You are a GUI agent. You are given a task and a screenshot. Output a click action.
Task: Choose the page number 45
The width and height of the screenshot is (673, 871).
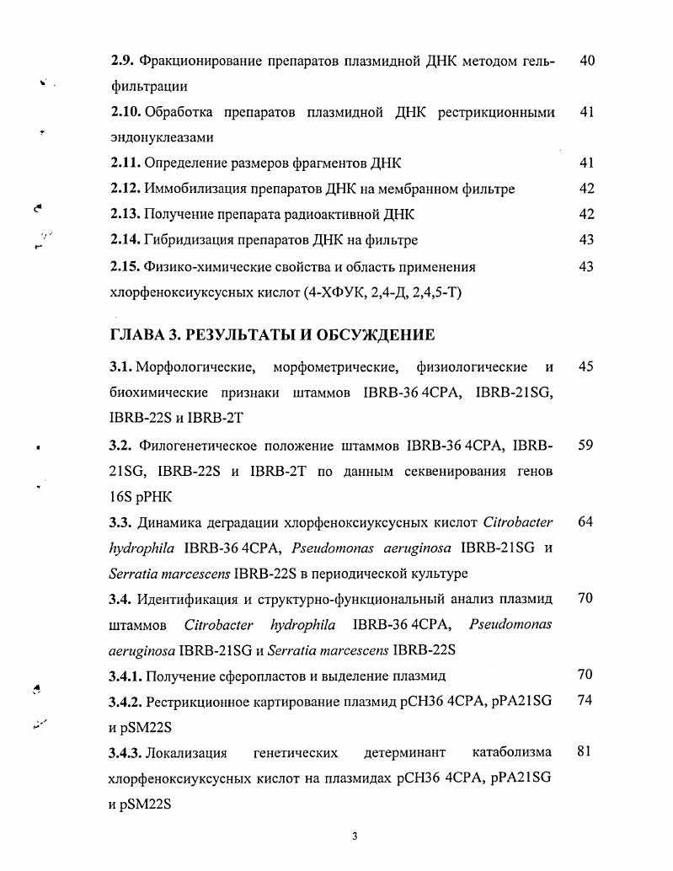point(587,367)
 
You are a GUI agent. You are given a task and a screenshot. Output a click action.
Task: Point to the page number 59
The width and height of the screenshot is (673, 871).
point(587,445)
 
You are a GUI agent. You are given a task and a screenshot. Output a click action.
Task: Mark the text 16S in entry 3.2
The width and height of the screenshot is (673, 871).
point(122,497)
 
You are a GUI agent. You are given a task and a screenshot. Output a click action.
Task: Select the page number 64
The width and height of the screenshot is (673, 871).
point(587,522)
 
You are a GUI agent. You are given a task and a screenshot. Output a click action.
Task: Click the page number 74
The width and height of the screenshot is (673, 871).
point(587,701)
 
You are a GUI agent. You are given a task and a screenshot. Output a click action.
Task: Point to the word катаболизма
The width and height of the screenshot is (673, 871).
point(512,752)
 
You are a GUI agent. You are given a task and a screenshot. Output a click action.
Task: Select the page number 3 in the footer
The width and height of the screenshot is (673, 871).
point(355,836)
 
